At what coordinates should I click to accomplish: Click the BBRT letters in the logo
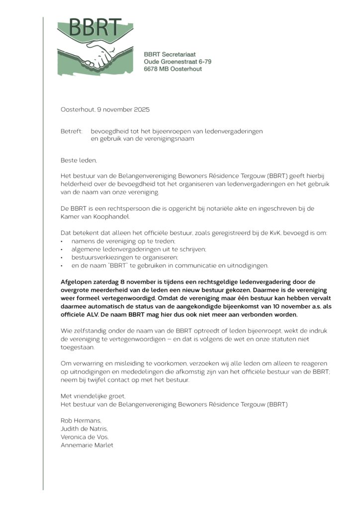point(95,28)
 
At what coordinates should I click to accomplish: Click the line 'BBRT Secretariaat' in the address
point(170,54)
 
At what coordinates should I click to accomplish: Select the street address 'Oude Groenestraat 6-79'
point(178,62)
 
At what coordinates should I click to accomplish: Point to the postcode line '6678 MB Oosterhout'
point(173,69)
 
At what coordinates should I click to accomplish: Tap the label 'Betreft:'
point(72,131)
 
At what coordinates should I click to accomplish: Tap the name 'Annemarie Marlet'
point(87,445)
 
